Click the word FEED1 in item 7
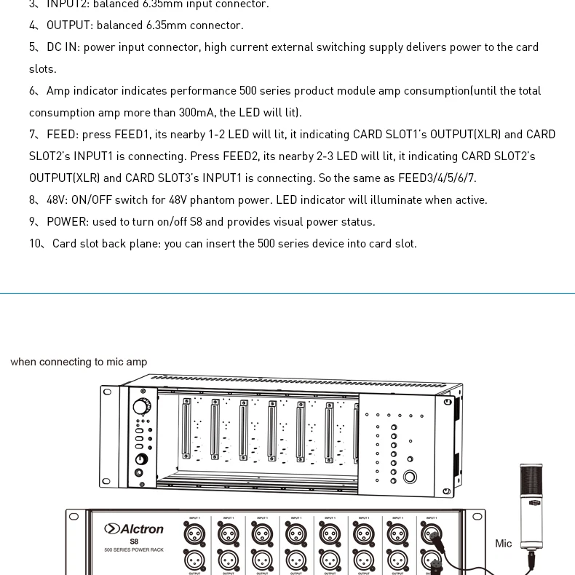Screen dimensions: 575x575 click(132, 134)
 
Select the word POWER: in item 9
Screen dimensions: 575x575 click(68, 221)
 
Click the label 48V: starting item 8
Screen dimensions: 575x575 click(57, 199)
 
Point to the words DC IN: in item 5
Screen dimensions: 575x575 click(63, 47)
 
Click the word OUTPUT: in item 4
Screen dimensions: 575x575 click(70, 25)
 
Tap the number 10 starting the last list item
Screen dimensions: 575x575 click(36, 243)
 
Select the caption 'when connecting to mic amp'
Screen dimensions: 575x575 click(79, 362)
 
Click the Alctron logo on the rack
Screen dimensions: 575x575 click(134, 528)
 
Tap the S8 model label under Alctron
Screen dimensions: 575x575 click(134, 542)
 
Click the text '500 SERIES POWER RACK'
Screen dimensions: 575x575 click(134, 550)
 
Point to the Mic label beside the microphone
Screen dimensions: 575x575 click(503, 543)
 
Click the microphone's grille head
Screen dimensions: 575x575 click(531, 482)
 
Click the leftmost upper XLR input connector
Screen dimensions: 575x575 click(194, 534)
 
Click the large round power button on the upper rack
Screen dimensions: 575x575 click(410, 477)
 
